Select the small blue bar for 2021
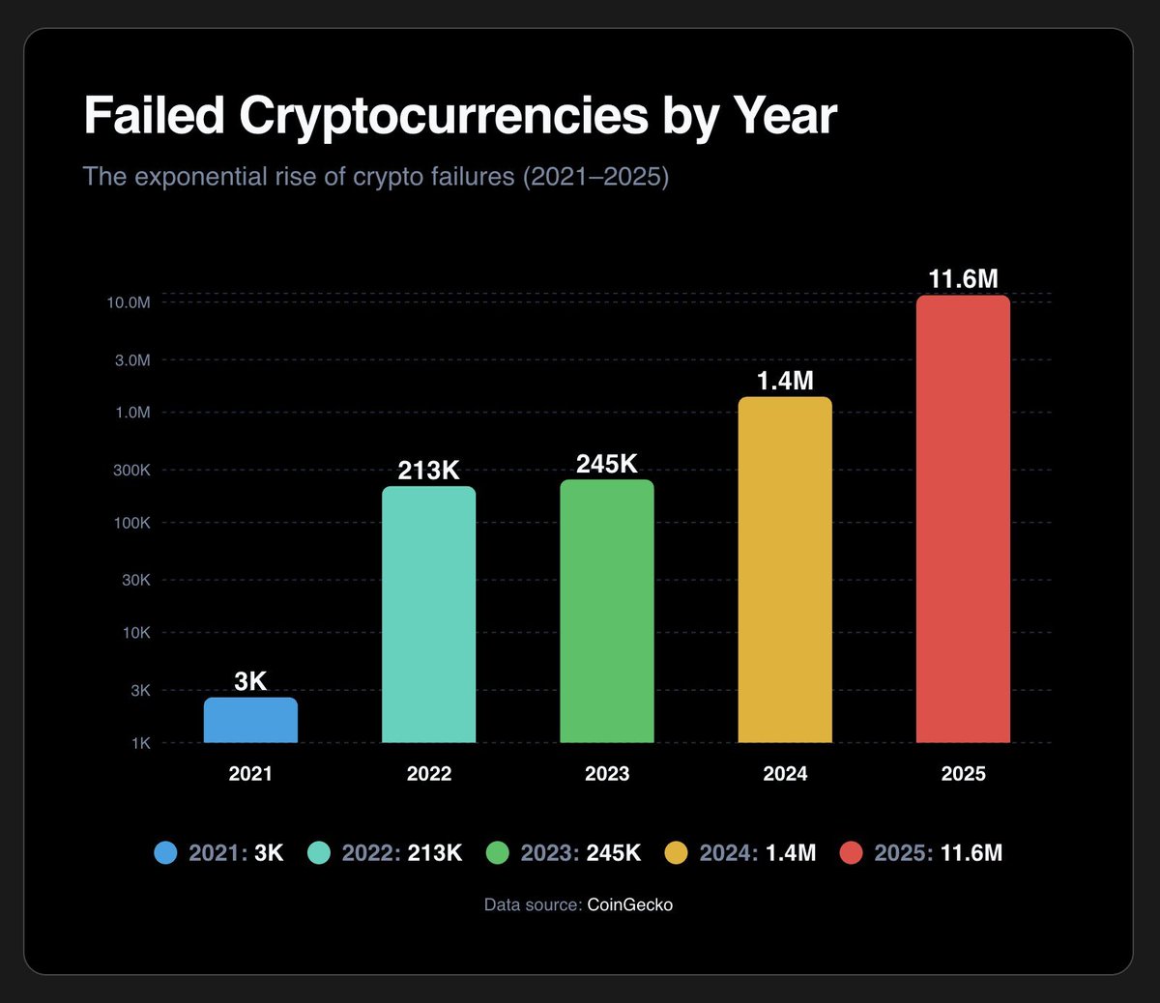click(250, 720)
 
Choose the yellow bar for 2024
click(784, 570)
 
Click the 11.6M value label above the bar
click(963, 279)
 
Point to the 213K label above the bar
click(428, 471)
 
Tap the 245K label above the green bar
click(606, 464)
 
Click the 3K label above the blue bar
click(250, 681)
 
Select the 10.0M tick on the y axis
click(129, 302)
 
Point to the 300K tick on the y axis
click(131, 470)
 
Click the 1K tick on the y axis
click(140, 743)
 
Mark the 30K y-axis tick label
click(135, 580)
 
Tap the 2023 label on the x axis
click(606, 774)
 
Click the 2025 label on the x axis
click(963, 774)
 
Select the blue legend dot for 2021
click(166, 853)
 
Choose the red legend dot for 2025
click(851, 853)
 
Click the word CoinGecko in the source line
click(629, 905)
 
